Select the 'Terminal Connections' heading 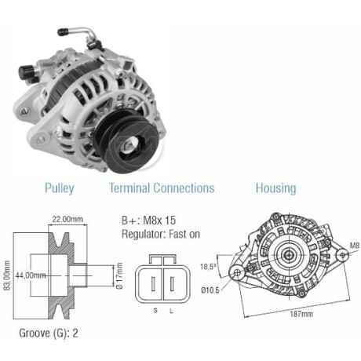click(161, 188)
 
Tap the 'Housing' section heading click(275, 188)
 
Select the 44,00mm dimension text click(31, 275)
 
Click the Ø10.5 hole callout click(210, 290)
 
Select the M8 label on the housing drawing click(352, 245)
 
